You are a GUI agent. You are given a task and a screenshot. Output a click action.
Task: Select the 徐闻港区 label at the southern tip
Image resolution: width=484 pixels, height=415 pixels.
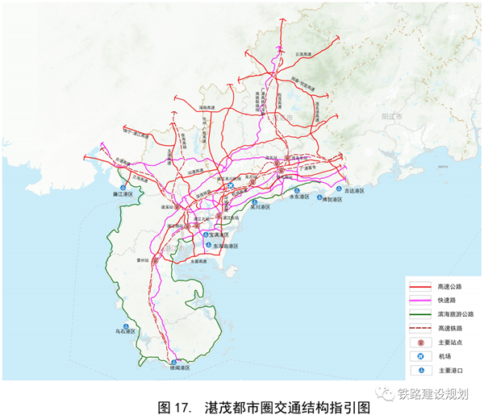tap(177, 367)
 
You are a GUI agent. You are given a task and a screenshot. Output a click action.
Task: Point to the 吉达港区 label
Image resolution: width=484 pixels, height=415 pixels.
tap(355, 191)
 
